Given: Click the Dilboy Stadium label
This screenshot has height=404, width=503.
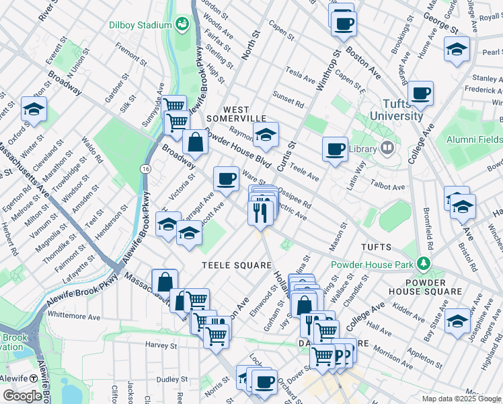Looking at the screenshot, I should pos(141,25).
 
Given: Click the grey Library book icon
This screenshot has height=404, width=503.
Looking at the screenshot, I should pos(387,147).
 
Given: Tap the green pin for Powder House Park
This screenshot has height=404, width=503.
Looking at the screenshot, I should pos(423,261).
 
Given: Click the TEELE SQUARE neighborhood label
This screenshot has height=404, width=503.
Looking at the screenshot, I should pos(237,265).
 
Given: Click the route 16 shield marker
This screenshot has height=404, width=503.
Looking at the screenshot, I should pos(145,168).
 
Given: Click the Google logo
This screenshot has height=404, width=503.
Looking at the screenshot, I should pos(22,395).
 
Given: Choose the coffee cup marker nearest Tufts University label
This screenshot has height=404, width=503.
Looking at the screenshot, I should pos(420,93).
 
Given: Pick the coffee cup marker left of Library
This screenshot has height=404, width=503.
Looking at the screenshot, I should pos(335,149).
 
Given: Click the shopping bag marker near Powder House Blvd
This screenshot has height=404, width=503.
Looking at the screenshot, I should pos(195,142).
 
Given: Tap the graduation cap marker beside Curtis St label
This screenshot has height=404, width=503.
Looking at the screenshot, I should pos(266,135).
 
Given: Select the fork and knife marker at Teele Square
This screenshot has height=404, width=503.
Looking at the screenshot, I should pos(260,212).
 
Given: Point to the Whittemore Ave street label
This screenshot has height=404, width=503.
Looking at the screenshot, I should pos(74,316).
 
